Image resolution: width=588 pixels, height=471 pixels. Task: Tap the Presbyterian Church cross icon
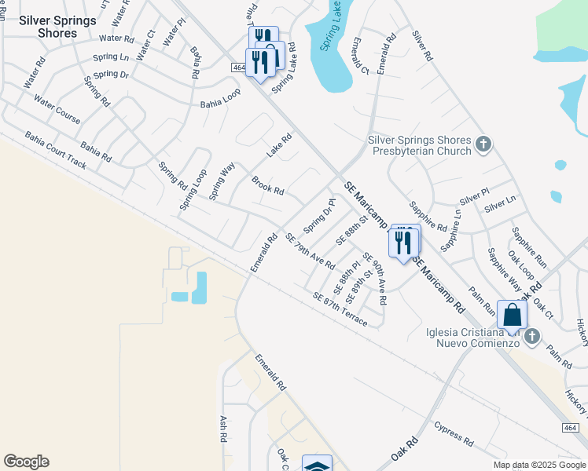[x=483, y=144]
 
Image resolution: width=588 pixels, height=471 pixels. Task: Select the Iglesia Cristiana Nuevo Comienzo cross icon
[x=532, y=337]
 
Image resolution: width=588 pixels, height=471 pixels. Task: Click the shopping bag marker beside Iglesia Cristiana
[x=512, y=314]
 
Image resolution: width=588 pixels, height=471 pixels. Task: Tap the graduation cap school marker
[x=317, y=466]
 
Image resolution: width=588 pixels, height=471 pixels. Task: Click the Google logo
[x=26, y=462]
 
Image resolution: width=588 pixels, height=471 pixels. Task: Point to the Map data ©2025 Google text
[x=540, y=465]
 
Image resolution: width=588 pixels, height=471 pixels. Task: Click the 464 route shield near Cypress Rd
[x=571, y=427]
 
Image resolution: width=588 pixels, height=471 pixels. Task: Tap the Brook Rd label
[x=267, y=186]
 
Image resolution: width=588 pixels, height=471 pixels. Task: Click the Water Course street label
[x=57, y=109]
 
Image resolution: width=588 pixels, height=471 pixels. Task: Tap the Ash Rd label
[x=224, y=428]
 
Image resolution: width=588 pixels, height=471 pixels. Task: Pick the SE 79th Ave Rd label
[x=310, y=251]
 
